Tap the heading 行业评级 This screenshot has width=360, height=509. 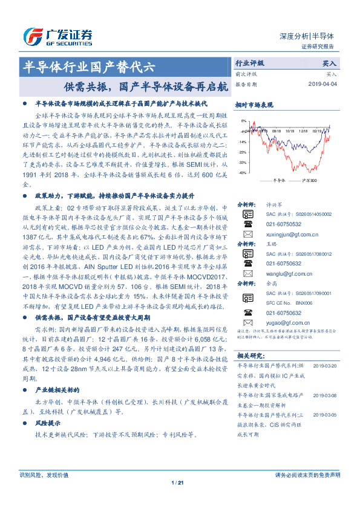249,63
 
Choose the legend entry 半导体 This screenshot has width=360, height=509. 276,181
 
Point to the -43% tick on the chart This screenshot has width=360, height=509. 242,173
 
